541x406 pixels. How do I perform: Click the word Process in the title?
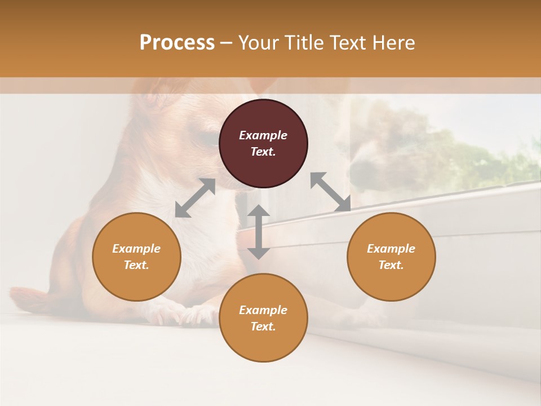coord(177,43)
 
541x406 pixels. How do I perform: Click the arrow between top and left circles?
coord(195,198)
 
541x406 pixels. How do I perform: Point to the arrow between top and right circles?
coord(331,192)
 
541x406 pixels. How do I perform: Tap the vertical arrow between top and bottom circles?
coord(259,232)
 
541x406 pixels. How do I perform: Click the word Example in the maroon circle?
coord(263,135)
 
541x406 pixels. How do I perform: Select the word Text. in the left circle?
coord(136,265)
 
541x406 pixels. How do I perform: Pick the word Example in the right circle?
coord(391,249)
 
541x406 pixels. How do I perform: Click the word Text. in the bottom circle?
coord(263,326)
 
